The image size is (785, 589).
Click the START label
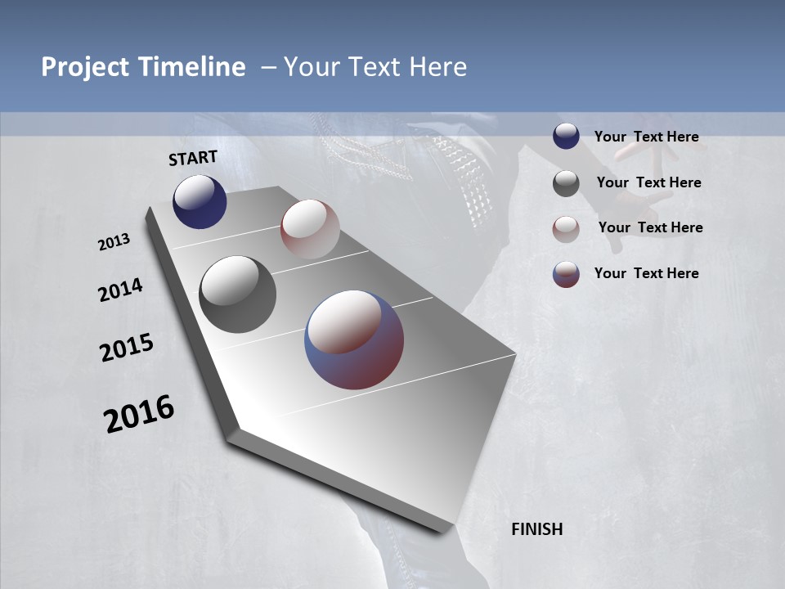point(193,158)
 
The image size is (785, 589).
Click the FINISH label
point(537,529)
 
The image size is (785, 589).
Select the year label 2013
point(114,242)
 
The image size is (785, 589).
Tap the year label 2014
point(120,290)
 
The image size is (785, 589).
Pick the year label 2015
point(127,348)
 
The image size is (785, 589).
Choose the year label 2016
point(139,414)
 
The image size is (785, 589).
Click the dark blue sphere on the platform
point(200,202)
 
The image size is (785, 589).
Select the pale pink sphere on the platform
point(310,229)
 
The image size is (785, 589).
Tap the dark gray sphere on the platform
point(237,294)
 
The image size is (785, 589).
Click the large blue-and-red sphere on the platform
point(354,339)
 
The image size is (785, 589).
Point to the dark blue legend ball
point(566,136)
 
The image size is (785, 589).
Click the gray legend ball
point(566,183)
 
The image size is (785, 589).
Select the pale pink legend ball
point(566,229)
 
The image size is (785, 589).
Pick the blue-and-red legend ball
point(566,274)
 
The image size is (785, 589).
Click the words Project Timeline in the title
point(143,67)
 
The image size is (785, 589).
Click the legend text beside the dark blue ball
point(646,137)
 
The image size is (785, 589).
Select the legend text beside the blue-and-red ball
point(646,273)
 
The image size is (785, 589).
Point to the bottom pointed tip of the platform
point(442,532)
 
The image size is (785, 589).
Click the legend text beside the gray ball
point(648,182)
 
